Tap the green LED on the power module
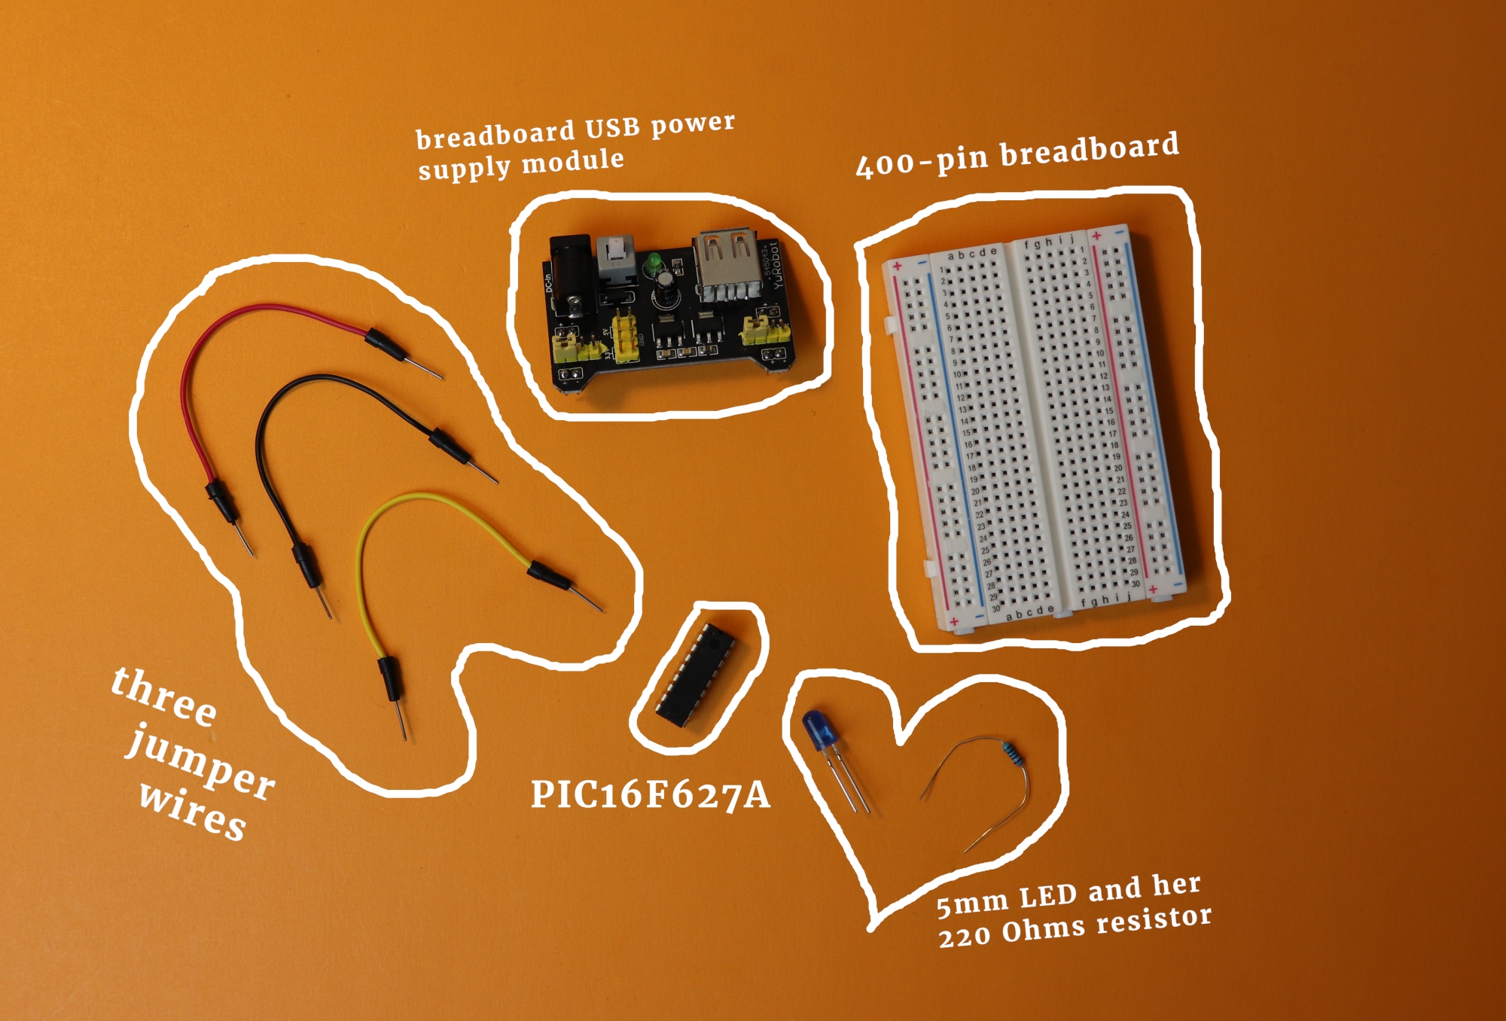[x=652, y=264]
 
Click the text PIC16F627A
[x=650, y=795]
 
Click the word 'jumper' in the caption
[x=200, y=764]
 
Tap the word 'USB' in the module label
[x=612, y=129]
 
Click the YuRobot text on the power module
[x=778, y=265]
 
